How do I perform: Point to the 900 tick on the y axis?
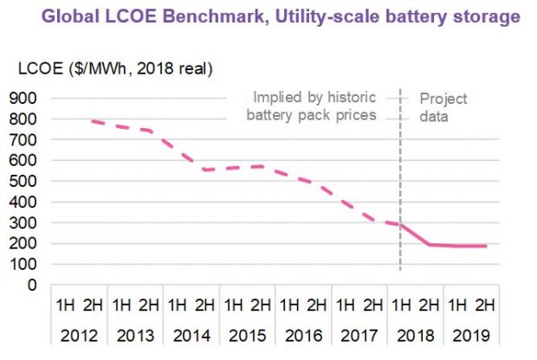click(23, 98)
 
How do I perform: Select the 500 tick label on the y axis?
click(23, 181)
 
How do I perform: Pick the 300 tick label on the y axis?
click(23, 222)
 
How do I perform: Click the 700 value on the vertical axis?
click(23, 139)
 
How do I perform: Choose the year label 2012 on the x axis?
click(79, 333)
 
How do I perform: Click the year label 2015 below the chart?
click(246, 333)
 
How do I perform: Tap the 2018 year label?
click(413, 333)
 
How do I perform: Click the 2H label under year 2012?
click(93, 305)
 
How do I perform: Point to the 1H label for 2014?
click(177, 305)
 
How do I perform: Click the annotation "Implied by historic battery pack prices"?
click(314, 106)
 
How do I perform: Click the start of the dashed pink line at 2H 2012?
click(93, 121)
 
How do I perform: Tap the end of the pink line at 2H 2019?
click(485, 246)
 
